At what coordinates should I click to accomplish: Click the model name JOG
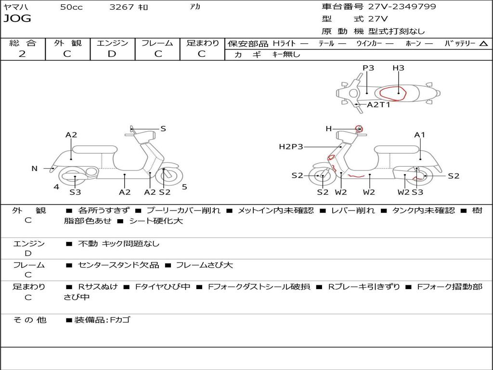tap(17, 19)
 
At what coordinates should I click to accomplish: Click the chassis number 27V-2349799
tap(402, 7)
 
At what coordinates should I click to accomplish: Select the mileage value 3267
tap(121, 7)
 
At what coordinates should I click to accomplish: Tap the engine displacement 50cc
tap(71, 7)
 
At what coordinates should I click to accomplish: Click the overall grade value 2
tap(22, 54)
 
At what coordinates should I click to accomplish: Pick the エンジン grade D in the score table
tap(112, 54)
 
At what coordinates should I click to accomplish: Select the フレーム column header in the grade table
tap(157, 43)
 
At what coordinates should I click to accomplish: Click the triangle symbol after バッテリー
tap(483, 43)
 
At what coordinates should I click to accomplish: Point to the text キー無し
tap(286, 54)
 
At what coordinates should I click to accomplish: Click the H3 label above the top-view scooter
tap(398, 68)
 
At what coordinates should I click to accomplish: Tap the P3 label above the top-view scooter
tap(368, 68)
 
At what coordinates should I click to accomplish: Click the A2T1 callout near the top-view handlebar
tap(378, 105)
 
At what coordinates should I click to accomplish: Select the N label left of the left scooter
tap(34, 168)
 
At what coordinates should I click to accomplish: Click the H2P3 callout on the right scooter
tap(291, 146)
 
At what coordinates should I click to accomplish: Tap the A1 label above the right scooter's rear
tap(420, 135)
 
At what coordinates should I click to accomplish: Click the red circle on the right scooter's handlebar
tap(358, 128)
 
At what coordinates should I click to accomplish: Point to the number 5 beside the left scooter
tap(184, 187)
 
